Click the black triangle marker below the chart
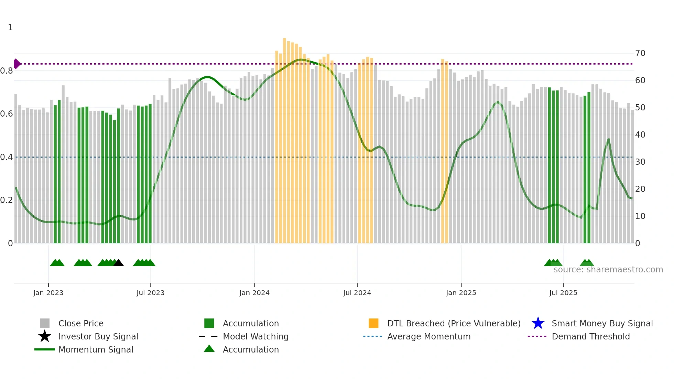tap(118, 263)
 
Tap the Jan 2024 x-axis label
tap(254, 293)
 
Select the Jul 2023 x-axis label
tap(150, 293)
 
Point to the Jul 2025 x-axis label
tap(563, 293)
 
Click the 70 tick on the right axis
tap(640, 53)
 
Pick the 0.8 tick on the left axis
tap(7, 71)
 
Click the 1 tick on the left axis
tap(10, 28)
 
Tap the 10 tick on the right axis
tap(640, 216)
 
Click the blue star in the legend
tap(538, 323)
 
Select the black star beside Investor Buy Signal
tap(45, 336)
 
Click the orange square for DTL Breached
tap(373, 323)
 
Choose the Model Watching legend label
tap(256, 336)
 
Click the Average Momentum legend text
tap(428, 336)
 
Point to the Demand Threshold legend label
tap(590, 336)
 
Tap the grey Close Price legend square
tap(45, 323)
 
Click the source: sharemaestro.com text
tap(608, 270)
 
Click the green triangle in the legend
tap(209, 349)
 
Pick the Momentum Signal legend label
tap(96, 349)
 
